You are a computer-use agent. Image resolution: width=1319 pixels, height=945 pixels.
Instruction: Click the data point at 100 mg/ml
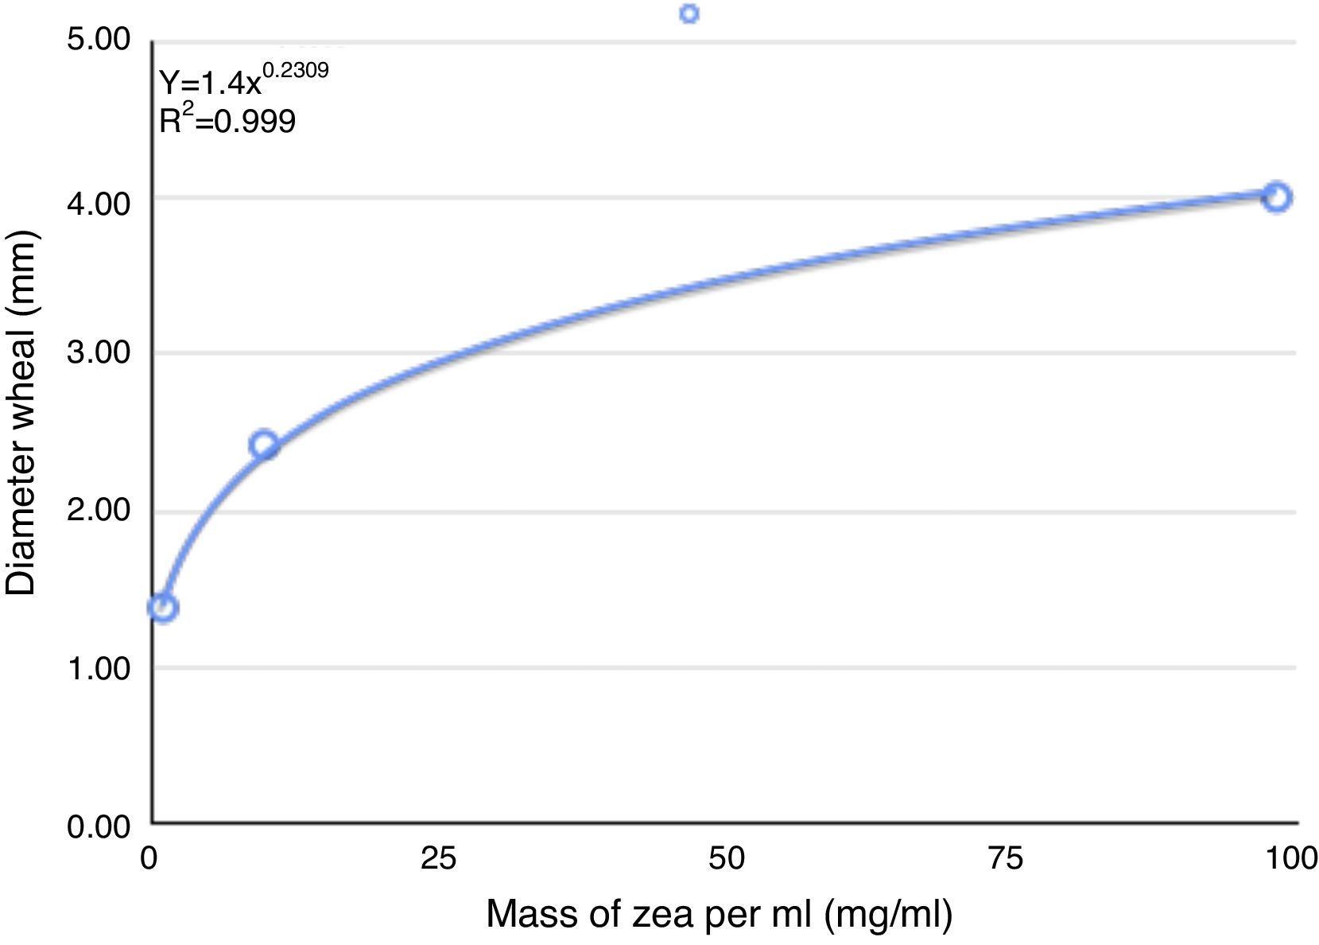pos(1276,196)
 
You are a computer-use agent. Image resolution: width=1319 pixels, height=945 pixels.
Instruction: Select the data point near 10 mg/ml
pos(264,445)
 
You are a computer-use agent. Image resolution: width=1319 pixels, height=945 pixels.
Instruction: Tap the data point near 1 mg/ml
pos(163,608)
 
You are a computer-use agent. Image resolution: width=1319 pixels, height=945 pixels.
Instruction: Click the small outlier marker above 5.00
pos(689,14)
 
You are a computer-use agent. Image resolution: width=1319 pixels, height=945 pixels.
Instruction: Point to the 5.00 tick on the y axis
pos(98,39)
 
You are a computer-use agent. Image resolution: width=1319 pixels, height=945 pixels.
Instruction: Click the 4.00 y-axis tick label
pos(98,203)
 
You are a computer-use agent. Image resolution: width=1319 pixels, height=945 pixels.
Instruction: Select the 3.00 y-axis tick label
pos(98,352)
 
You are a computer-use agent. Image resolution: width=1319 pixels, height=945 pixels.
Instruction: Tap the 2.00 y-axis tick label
pos(98,510)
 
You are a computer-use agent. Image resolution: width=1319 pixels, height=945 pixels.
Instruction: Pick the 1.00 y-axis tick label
pos(98,667)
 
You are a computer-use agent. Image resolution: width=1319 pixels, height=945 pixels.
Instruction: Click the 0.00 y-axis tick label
pos(98,826)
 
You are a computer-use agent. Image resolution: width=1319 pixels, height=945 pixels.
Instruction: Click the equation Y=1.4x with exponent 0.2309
pos(243,80)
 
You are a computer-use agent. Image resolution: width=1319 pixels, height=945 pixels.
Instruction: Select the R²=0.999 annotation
pos(227,120)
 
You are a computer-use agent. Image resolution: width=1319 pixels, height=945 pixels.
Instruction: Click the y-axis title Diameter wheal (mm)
pos(21,414)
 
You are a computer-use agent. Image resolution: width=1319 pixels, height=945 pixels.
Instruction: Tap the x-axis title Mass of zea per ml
pos(719,915)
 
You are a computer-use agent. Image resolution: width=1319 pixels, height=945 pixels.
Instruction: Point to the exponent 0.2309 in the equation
pos(295,71)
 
